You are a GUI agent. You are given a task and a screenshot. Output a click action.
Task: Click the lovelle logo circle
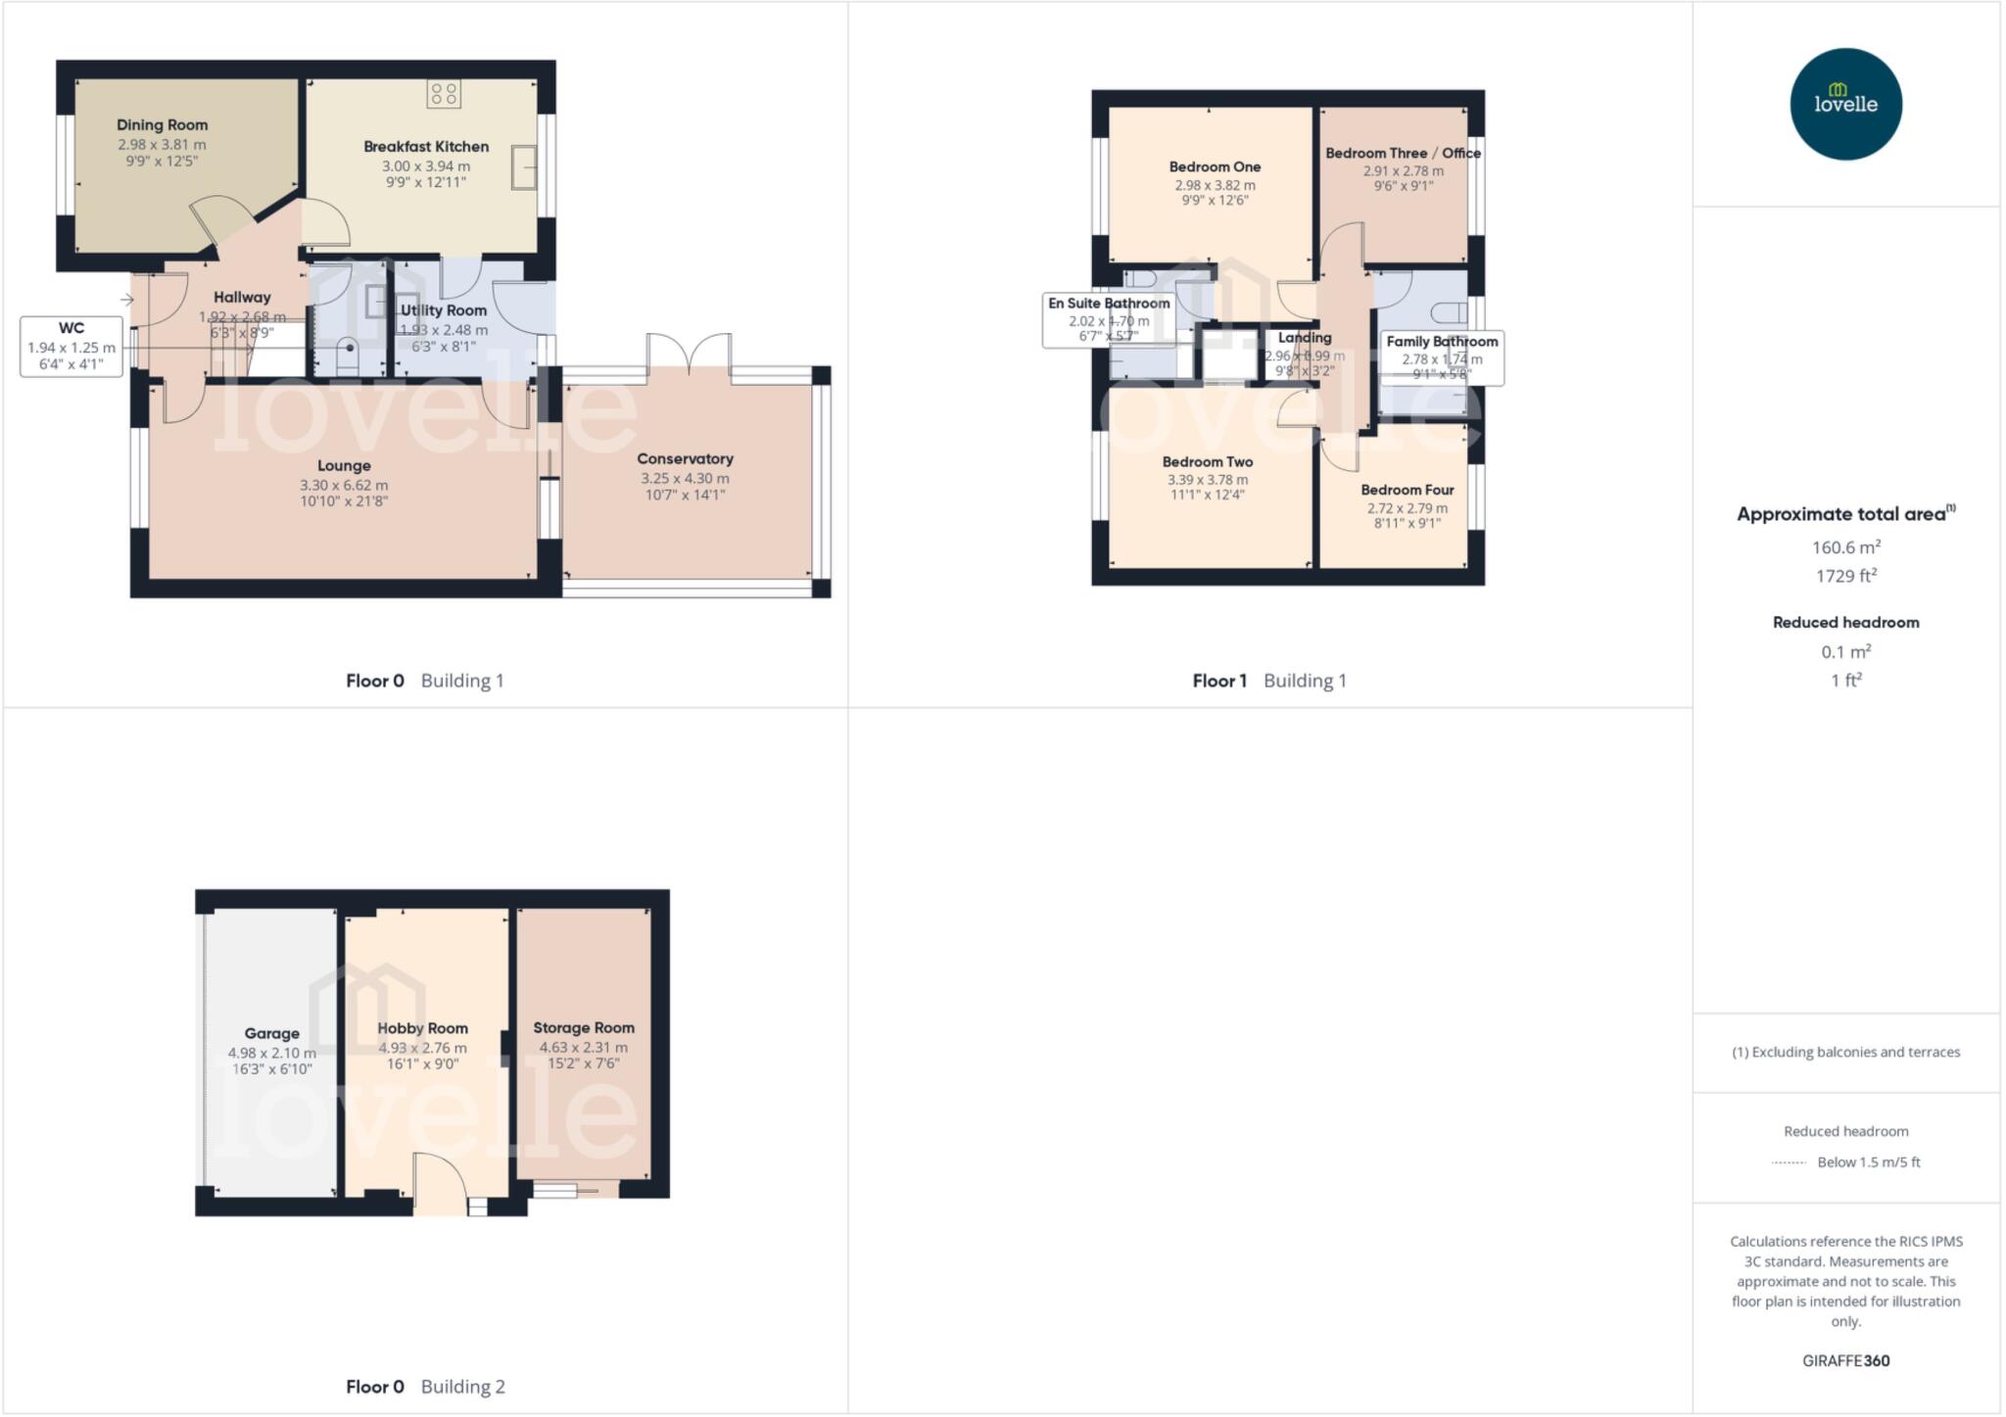[1845, 104]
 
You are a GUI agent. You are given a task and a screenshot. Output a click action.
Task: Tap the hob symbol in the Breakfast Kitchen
[443, 94]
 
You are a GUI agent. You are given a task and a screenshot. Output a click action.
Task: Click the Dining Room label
[162, 124]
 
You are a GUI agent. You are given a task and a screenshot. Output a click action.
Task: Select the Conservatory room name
[685, 458]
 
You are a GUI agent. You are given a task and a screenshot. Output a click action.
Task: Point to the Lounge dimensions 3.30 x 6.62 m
[344, 485]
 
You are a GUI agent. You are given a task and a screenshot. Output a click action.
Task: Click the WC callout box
[72, 346]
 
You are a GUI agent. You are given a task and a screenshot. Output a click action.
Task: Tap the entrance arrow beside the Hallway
[127, 300]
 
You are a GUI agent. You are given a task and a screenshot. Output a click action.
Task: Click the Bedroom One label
[1215, 166]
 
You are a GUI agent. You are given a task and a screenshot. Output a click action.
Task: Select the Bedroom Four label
[1407, 490]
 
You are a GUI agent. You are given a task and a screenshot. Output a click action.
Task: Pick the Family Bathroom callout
[1442, 357]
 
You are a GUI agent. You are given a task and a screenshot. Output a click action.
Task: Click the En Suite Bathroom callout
[1109, 319]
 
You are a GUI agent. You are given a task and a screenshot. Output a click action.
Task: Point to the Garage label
[271, 1033]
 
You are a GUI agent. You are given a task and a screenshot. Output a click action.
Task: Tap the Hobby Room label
[422, 1028]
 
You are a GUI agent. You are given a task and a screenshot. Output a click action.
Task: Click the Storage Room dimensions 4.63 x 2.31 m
[583, 1047]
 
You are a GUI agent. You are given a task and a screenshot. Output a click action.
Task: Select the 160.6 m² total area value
[1845, 547]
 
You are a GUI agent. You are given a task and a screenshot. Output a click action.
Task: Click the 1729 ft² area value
[1845, 576]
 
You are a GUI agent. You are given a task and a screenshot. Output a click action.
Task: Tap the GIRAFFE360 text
[1845, 1360]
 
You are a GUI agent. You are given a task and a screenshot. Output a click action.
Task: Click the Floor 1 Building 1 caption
[1268, 681]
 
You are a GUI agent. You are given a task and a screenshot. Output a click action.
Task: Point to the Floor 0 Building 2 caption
[425, 1387]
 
